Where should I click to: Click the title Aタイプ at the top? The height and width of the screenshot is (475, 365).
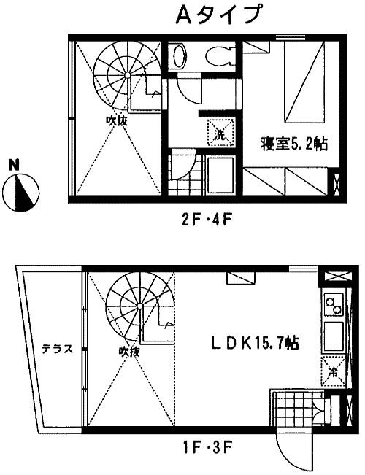218,15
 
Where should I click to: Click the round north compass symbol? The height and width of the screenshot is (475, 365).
21,193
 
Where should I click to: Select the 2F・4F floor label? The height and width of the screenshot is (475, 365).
207,220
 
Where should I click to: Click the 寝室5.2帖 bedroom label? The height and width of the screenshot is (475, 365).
294,144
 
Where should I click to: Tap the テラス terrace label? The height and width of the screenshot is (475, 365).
57,349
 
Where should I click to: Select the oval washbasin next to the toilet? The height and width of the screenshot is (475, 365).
178,56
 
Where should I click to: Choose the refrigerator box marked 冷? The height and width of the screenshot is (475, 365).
333,371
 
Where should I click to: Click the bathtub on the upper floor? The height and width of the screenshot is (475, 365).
220,174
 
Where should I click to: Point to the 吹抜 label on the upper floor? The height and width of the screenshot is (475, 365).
116,121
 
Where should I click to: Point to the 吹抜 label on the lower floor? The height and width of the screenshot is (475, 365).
129,352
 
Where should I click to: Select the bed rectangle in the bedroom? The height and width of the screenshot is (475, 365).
304,82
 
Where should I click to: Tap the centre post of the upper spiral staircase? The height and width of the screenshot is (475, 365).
128,74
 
